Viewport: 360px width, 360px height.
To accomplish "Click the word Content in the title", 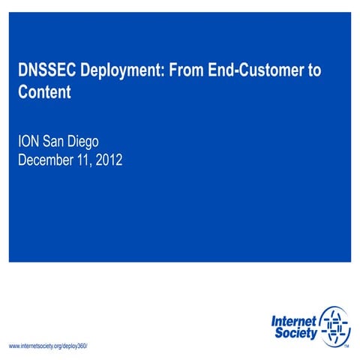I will point(44,93).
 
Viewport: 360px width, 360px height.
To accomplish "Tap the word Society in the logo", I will point(294,332).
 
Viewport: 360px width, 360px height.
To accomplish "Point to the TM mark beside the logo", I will point(346,347).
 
